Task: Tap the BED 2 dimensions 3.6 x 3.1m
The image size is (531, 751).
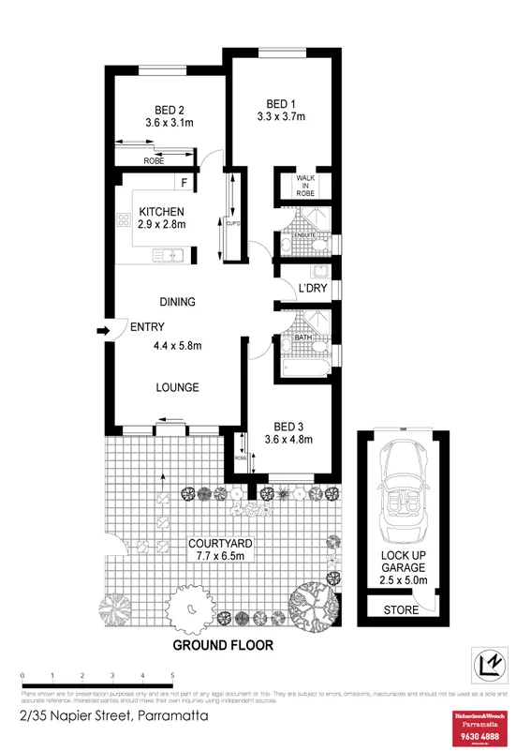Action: click(x=169, y=123)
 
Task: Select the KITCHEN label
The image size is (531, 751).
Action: click(x=161, y=211)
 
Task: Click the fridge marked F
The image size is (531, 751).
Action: click(x=184, y=182)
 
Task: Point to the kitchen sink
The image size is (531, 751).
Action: click(x=170, y=253)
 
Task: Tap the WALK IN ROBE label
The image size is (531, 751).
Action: click(x=306, y=184)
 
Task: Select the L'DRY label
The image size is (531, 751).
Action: click(x=312, y=288)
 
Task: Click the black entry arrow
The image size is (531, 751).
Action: click(x=101, y=330)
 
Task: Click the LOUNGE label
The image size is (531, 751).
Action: click(x=177, y=387)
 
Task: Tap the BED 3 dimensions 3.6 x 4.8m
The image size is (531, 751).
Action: click(x=288, y=439)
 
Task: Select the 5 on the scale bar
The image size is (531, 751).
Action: click(x=172, y=676)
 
